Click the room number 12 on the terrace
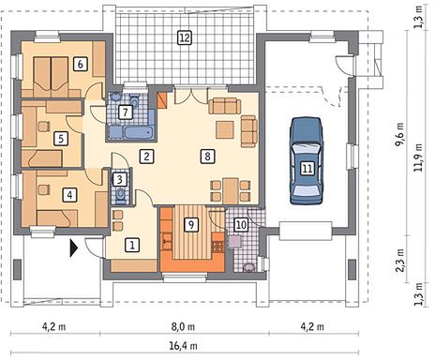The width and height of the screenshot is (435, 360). coord(185,37)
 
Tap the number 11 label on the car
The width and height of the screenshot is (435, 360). coord(307,169)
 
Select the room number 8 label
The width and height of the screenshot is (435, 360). coord(207,156)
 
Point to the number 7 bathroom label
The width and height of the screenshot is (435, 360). coord(126,112)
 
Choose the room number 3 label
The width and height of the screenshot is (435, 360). coord(120,179)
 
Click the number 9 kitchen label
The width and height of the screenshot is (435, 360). coord(191,224)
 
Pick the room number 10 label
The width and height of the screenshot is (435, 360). coord(242,225)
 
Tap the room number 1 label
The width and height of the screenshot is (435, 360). coord(132,245)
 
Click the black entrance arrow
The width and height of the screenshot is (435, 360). coord(73,247)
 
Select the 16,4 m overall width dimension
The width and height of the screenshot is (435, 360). coord(184,346)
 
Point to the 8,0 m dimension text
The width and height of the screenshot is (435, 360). coord(183,327)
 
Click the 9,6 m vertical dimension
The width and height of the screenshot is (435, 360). coord(399,134)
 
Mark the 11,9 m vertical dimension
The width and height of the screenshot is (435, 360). coord(418,157)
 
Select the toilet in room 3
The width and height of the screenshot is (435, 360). coord(120,194)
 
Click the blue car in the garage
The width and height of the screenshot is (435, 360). coord(307,161)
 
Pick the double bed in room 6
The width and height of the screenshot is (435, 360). coord(51,77)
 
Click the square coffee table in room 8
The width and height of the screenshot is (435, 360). coord(225,129)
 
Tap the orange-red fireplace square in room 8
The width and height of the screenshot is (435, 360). coord(162,100)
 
